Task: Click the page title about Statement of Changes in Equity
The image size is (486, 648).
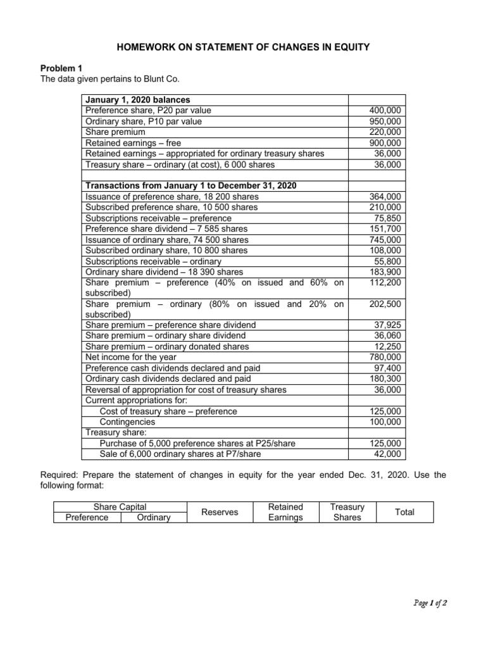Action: (242, 46)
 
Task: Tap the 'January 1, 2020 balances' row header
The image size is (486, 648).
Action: (137, 100)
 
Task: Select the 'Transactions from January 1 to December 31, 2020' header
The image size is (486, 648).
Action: (190, 186)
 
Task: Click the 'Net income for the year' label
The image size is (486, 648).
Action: (131, 357)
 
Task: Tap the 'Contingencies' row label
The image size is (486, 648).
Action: (127, 421)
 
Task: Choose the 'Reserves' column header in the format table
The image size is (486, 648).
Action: (220, 512)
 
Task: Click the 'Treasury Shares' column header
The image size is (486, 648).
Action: (347, 512)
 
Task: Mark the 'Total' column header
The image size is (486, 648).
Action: (404, 512)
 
